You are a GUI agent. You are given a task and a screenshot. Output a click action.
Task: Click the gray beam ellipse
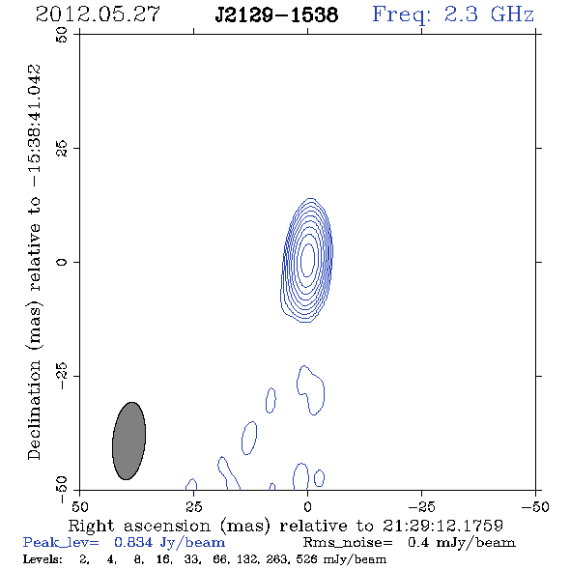(x=129, y=441)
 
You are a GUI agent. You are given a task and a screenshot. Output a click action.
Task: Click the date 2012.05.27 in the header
(x=98, y=14)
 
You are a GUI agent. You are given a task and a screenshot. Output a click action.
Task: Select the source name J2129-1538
(x=276, y=14)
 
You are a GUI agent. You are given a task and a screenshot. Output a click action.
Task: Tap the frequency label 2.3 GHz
(x=489, y=14)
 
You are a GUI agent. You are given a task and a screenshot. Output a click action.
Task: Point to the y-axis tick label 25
(x=62, y=149)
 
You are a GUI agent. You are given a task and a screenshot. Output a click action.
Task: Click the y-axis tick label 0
(x=62, y=262)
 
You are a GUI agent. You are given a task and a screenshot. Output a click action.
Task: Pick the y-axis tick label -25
(x=62, y=376)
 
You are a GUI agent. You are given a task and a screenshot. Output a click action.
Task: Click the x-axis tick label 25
(x=194, y=507)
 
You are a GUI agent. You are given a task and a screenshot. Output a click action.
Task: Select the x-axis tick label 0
(x=307, y=507)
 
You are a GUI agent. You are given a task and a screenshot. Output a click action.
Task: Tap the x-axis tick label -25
(x=421, y=507)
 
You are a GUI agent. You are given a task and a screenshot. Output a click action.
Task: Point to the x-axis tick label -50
(x=535, y=507)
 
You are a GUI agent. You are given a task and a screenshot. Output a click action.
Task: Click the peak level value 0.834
(x=133, y=543)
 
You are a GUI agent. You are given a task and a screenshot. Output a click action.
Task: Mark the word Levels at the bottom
(x=43, y=558)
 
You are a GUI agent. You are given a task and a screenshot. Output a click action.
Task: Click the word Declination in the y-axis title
(x=34, y=410)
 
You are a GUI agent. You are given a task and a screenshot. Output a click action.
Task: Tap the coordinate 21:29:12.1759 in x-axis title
(x=442, y=526)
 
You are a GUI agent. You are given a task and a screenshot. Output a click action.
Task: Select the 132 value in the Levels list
(x=248, y=558)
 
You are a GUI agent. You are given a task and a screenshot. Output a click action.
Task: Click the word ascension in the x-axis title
(x=167, y=527)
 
